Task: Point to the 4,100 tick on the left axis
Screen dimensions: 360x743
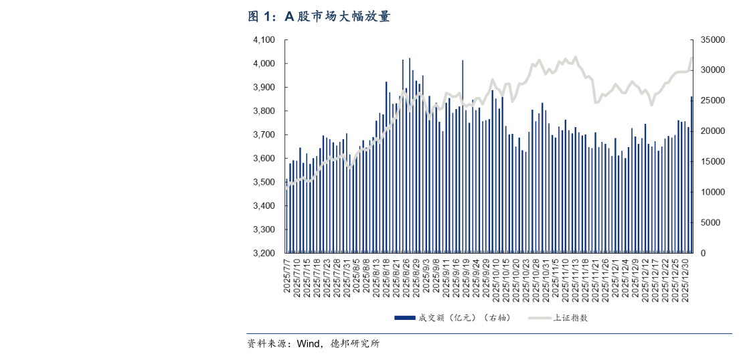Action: point(264,40)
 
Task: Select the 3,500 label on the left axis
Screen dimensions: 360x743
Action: point(264,183)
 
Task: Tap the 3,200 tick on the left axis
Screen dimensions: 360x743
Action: point(264,254)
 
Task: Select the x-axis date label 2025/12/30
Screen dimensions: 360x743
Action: point(685,278)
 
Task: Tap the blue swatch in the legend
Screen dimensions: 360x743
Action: point(404,318)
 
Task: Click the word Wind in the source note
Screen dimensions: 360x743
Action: point(309,344)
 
